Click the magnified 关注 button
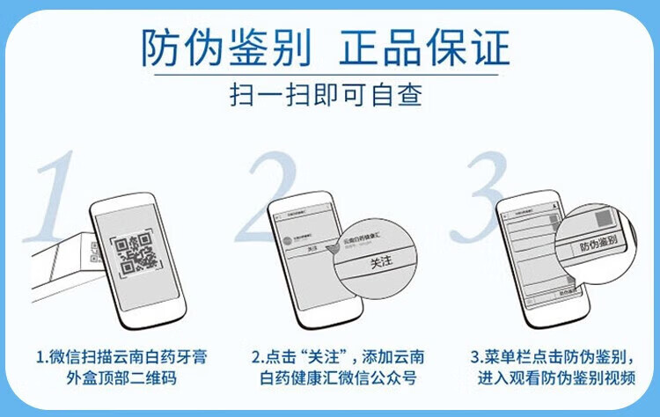click(x=381, y=263)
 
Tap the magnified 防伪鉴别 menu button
click(x=598, y=247)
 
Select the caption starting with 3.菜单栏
click(x=554, y=358)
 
